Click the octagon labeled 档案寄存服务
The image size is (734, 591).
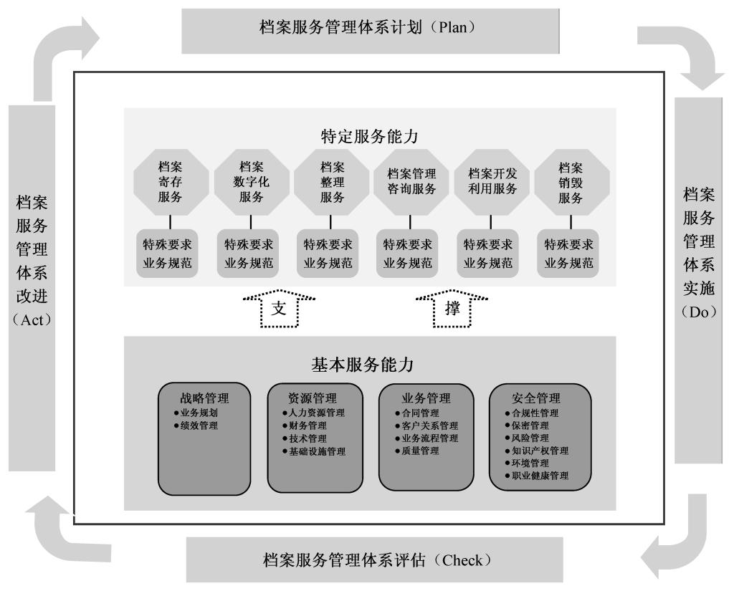(170, 182)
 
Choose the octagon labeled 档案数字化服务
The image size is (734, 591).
(251, 182)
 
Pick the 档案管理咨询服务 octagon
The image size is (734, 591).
(411, 182)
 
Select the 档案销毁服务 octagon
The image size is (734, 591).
(571, 182)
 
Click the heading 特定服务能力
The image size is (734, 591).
(369, 136)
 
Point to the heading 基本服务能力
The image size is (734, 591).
(362, 365)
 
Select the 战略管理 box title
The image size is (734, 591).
(204, 398)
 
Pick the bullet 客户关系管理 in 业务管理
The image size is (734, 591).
(426, 426)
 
